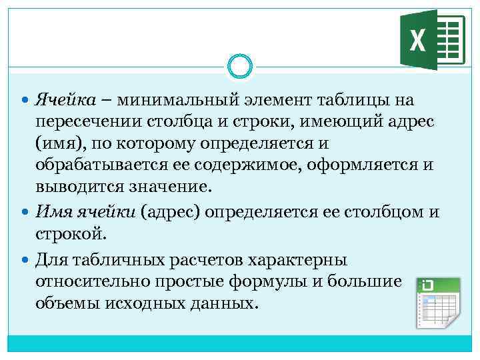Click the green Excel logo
[x=431, y=40]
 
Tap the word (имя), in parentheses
[x=62, y=143]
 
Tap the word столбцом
[x=382, y=213]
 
